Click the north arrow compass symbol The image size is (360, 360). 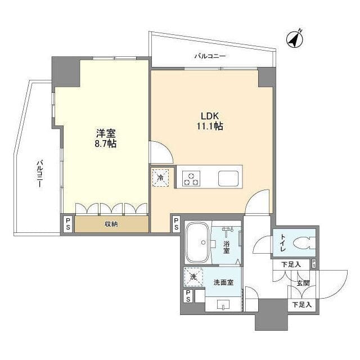click(x=294, y=38)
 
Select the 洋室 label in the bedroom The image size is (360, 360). click(x=105, y=133)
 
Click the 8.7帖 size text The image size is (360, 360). click(x=105, y=145)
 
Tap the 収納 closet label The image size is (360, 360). click(x=111, y=224)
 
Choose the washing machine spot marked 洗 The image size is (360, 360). click(x=192, y=277)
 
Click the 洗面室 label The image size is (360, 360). click(x=223, y=283)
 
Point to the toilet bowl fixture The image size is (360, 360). click(x=302, y=244)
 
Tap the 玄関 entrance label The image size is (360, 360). click(x=303, y=283)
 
